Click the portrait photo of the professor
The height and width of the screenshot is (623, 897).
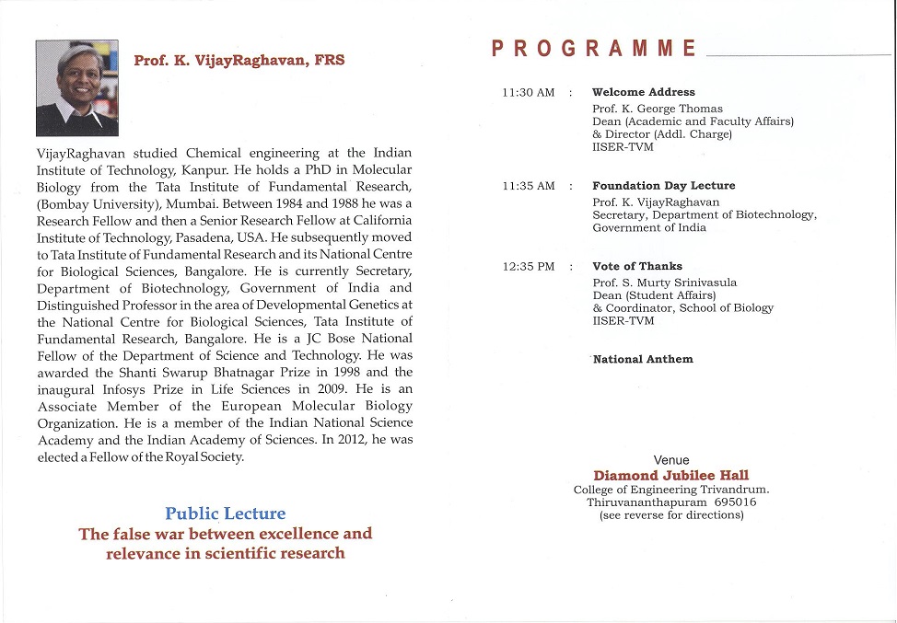pos(76,87)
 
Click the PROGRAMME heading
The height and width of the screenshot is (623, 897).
pos(594,49)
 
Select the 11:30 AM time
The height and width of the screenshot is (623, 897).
pos(529,93)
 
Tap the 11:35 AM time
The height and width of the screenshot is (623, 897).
pos(529,186)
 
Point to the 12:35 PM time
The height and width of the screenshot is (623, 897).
pos(529,267)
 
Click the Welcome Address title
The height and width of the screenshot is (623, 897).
pos(643,92)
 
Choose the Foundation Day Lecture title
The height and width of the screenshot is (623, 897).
pos(663,186)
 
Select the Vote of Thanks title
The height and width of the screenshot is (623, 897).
pos(636,266)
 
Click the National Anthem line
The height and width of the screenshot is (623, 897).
pos(643,359)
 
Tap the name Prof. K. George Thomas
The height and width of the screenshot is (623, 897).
pos(658,109)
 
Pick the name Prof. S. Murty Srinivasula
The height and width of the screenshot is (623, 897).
pos(665,283)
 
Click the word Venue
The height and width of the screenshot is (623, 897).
pos(671,460)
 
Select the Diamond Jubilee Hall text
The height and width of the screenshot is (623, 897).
pos(670,476)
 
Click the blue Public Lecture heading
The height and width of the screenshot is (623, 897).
pos(226,513)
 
